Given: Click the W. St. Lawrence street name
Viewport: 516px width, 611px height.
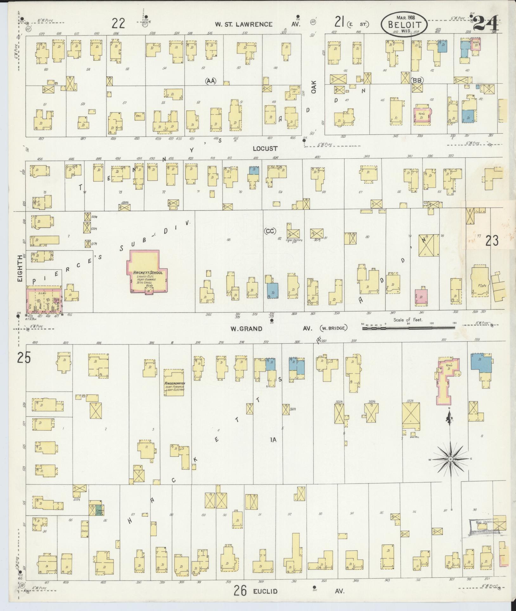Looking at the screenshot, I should point(243,24).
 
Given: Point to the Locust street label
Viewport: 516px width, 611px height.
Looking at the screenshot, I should point(265,148).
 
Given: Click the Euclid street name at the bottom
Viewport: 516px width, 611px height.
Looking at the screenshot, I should point(265,591).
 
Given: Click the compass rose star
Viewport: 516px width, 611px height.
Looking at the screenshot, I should point(450,459).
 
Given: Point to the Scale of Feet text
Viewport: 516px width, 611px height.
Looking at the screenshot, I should point(408,320).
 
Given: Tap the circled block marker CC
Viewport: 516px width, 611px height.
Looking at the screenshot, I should point(270,231).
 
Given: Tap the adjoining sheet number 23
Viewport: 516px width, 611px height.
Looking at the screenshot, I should point(492,241).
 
